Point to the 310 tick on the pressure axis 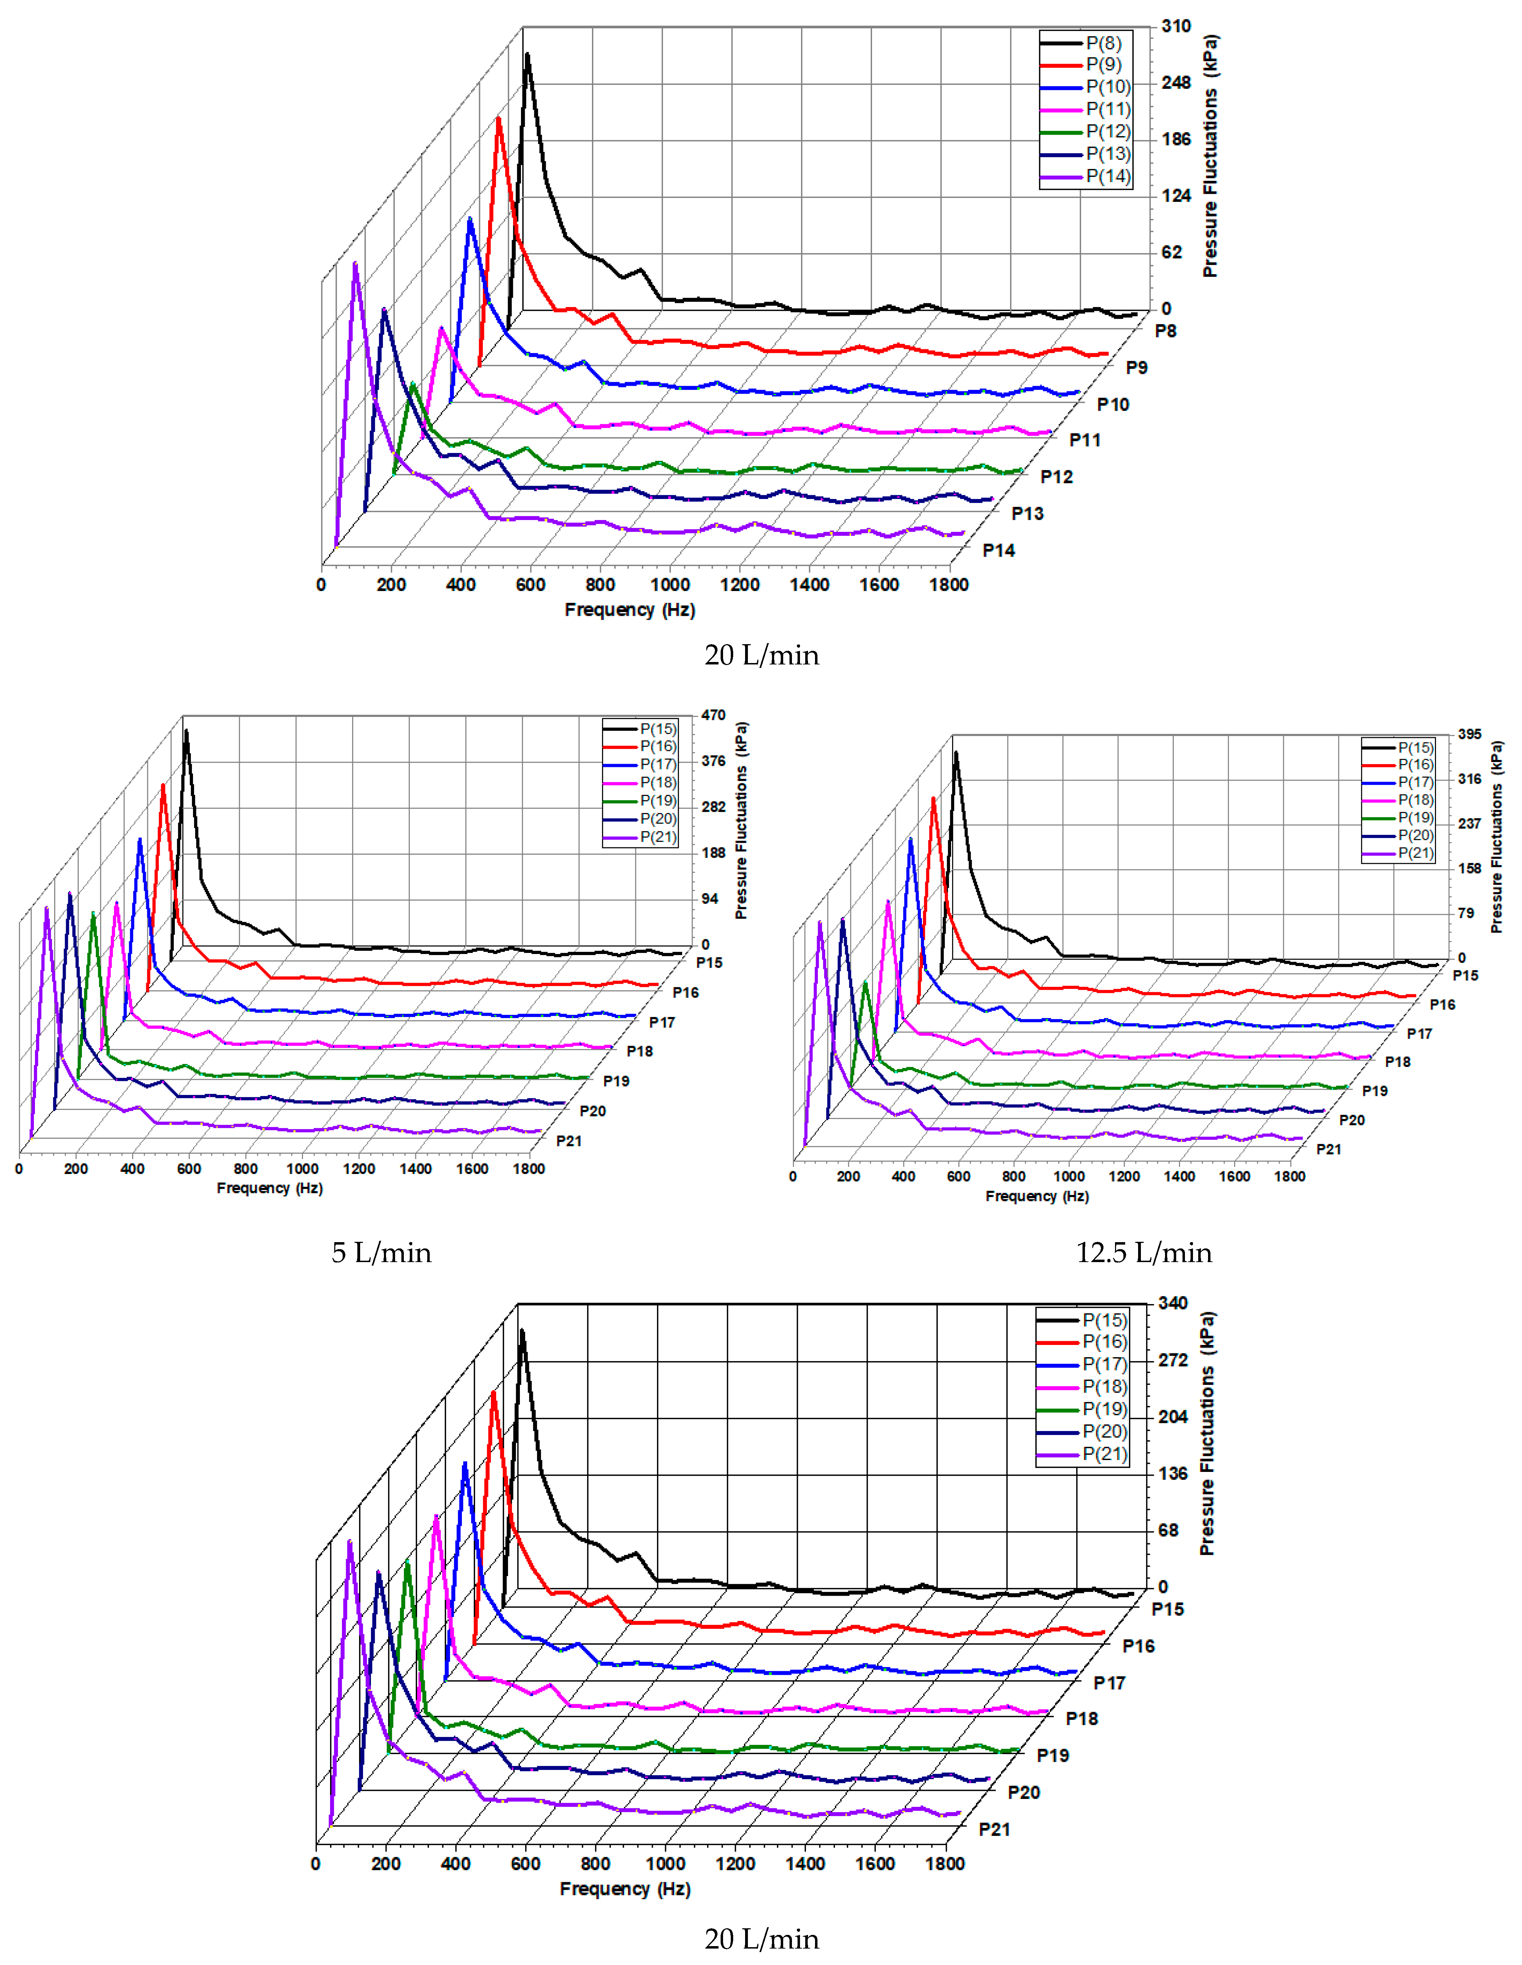(x=1176, y=26)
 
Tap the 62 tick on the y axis (x=1171, y=252)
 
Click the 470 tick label (x=713, y=715)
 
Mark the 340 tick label (x=1172, y=1303)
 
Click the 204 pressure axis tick (x=1172, y=1417)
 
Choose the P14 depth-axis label (x=999, y=551)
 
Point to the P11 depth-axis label (x=1085, y=440)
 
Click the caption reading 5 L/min (x=381, y=1252)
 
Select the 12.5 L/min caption (x=1143, y=1252)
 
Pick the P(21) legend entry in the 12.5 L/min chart (x=1415, y=853)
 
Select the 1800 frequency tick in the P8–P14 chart (x=949, y=585)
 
